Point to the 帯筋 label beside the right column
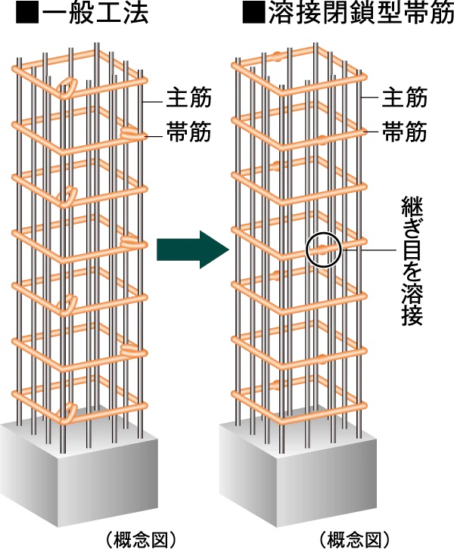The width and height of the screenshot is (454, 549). point(405,134)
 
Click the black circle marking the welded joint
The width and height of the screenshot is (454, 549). point(324,249)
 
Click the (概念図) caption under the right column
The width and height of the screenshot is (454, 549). point(354,539)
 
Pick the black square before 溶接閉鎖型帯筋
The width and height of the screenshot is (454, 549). point(250,14)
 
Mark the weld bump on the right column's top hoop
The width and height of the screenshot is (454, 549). point(281,55)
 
